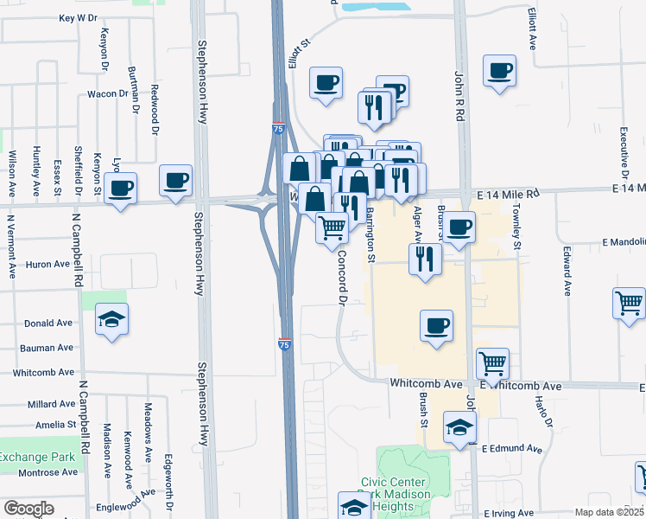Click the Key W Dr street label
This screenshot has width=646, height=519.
click(x=78, y=17)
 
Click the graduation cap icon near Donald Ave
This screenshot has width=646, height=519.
click(x=112, y=320)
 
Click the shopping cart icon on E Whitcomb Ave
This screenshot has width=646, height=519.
click(x=492, y=363)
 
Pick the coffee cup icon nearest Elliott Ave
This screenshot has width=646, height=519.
click(x=500, y=71)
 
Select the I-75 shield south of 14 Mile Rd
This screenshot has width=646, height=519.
click(x=285, y=344)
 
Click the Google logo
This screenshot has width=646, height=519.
click(x=28, y=509)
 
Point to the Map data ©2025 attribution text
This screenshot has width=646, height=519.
click(x=609, y=512)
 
